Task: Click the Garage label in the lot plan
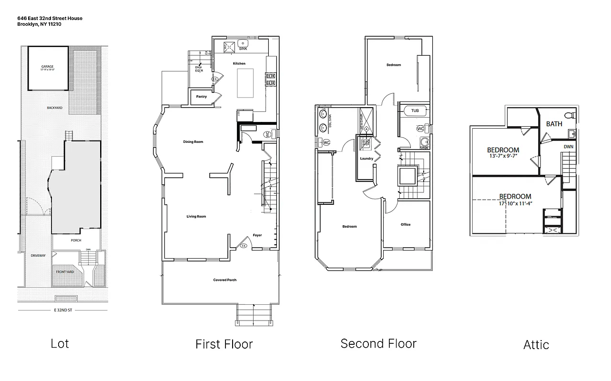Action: tap(47, 67)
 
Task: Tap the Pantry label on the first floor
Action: tap(201, 97)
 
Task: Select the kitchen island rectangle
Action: tap(246, 83)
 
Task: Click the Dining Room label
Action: tap(193, 142)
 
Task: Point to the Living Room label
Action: tap(196, 217)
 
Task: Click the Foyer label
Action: tap(257, 235)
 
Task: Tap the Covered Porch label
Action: tap(224, 280)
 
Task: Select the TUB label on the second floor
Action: tap(415, 110)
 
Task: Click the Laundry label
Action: tap(367, 159)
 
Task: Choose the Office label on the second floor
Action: tap(406, 225)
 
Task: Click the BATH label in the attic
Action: tap(554, 124)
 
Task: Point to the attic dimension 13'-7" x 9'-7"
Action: tap(503, 156)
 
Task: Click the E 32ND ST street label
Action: tap(63, 310)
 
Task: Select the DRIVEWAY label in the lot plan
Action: tap(38, 256)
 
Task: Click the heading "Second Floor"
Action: tap(378, 343)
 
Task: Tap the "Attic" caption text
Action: tap(536, 344)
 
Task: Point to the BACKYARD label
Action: tap(54, 108)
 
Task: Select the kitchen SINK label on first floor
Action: tap(243, 49)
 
